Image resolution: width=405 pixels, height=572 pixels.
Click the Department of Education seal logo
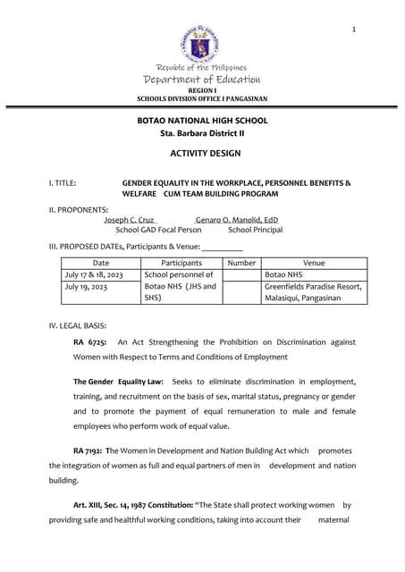(x=201, y=42)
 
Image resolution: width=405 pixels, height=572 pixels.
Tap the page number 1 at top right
(x=354, y=30)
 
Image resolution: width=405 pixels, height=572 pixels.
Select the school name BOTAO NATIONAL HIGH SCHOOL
(x=201, y=120)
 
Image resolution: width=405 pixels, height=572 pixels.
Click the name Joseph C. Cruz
(x=130, y=219)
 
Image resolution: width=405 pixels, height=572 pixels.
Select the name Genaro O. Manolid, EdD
(x=236, y=219)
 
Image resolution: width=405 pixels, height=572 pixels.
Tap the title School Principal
(x=255, y=230)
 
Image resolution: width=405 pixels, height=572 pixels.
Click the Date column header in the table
(x=101, y=263)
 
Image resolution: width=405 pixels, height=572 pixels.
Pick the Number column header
(x=241, y=263)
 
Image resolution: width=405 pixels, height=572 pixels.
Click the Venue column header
(x=314, y=263)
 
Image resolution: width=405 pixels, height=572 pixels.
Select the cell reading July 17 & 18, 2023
(x=94, y=275)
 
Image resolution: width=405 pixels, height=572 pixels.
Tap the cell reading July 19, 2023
(x=86, y=288)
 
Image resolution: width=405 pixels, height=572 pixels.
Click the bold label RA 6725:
(x=89, y=342)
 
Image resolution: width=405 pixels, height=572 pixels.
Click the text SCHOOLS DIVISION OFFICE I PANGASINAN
(x=201, y=98)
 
